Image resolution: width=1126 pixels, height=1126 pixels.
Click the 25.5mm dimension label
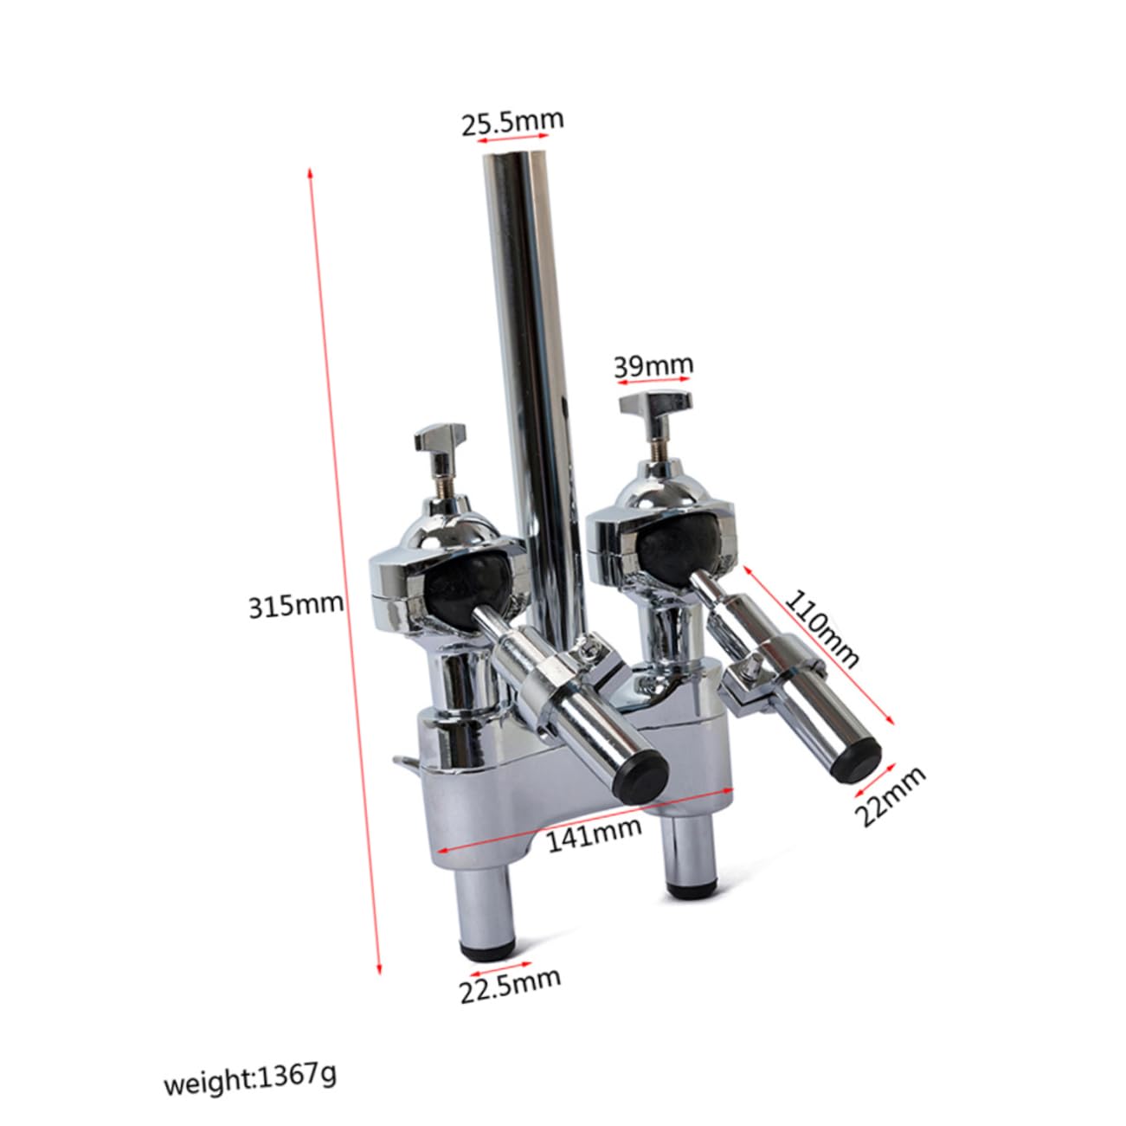tap(512, 122)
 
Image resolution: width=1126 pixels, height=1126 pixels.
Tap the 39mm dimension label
tap(653, 366)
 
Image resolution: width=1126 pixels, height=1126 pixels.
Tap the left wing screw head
tap(441, 439)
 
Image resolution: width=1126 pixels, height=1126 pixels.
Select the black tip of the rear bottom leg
tap(690, 886)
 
